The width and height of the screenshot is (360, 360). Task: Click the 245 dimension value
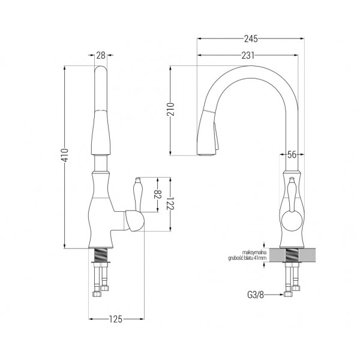[x=251, y=39]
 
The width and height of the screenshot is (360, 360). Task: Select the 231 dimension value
[x=248, y=55]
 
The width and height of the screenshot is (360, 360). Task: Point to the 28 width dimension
[x=101, y=55]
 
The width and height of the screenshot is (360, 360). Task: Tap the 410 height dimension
[x=65, y=155]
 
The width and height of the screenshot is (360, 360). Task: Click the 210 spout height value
[x=170, y=109]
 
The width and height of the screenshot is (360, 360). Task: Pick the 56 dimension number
[x=292, y=155]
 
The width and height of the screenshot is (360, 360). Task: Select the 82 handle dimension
[x=158, y=194]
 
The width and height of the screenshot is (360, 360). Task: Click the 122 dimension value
[x=170, y=203]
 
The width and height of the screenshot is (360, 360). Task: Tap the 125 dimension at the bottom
[x=115, y=319]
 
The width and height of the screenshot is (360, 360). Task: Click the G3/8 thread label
[x=256, y=295]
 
